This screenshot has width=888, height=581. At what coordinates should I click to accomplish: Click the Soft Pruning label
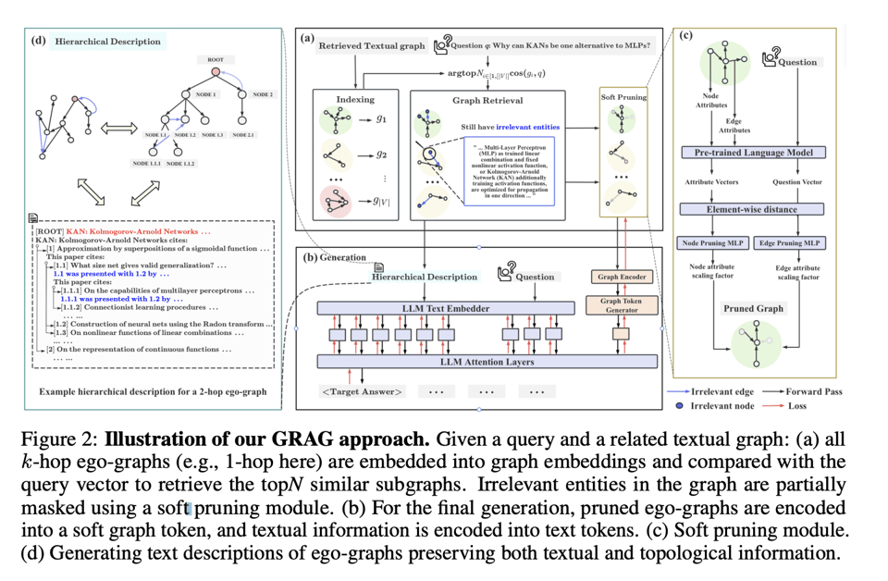click(624, 96)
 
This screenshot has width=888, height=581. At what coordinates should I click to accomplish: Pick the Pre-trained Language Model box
click(752, 152)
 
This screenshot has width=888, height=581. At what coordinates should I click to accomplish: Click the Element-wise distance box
click(752, 209)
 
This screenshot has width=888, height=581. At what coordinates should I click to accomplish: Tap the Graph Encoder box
click(622, 276)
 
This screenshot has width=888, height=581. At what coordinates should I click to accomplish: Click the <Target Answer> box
click(362, 391)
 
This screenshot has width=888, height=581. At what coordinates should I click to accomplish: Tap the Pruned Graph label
click(753, 308)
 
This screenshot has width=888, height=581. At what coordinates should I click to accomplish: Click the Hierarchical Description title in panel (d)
click(107, 41)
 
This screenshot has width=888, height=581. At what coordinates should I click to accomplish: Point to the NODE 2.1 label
click(243, 135)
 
